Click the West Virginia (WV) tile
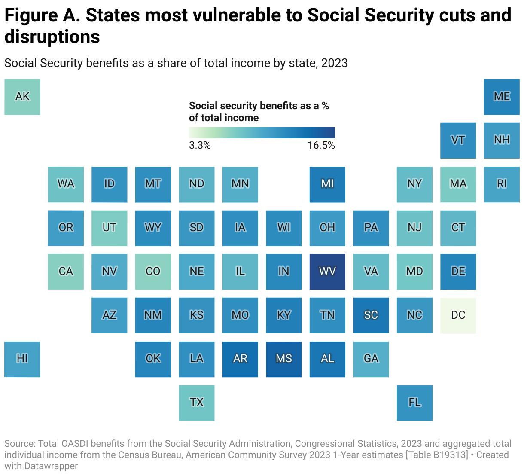(327, 272)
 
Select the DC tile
(458, 315)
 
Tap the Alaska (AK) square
(22, 97)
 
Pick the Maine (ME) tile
(502, 97)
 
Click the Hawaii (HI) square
(22, 359)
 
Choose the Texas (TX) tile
(197, 403)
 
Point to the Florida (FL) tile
(414, 403)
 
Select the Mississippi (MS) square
(283, 359)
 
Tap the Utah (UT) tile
(109, 228)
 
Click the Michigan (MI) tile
(327, 184)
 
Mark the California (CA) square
(66, 272)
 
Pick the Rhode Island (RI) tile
(502, 184)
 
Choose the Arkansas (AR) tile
(240, 359)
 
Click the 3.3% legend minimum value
(200, 146)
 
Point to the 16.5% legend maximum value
(321, 146)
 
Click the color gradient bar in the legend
(262, 132)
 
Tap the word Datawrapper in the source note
(52, 466)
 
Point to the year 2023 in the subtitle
(334, 63)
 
